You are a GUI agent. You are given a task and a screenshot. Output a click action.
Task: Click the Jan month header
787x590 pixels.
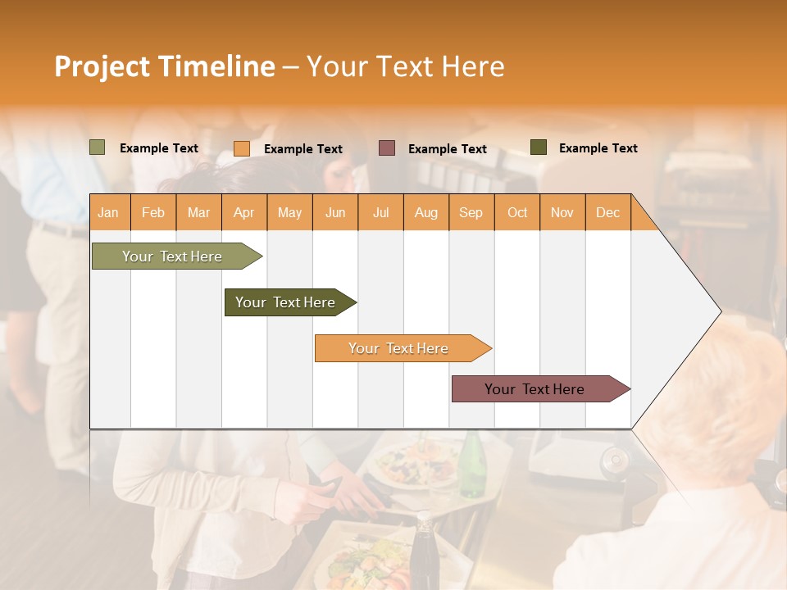tap(108, 213)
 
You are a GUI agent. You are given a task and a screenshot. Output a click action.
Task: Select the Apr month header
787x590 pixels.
tap(243, 213)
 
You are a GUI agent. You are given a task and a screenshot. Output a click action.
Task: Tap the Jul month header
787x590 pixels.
tap(380, 213)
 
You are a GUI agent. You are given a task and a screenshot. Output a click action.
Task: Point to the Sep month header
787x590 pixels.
tap(471, 213)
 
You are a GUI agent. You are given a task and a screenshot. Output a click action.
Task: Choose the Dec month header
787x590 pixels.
tap(607, 213)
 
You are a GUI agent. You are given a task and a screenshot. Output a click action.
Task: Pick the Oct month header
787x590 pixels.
tap(517, 213)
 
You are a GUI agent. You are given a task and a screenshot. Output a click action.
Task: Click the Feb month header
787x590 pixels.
tap(153, 213)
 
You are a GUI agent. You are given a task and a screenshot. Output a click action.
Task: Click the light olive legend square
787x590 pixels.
tap(97, 147)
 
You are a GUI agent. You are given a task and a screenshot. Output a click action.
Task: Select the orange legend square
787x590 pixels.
tap(242, 148)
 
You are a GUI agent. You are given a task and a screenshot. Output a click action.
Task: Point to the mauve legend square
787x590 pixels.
tap(387, 147)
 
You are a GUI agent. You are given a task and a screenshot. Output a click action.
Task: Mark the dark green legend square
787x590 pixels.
tap(538, 147)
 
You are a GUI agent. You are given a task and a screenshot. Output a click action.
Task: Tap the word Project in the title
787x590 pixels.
tap(102, 66)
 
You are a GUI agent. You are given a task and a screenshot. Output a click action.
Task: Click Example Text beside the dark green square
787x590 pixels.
tap(598, 148)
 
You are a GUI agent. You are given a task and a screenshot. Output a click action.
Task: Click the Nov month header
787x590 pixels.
tap(562, 213)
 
